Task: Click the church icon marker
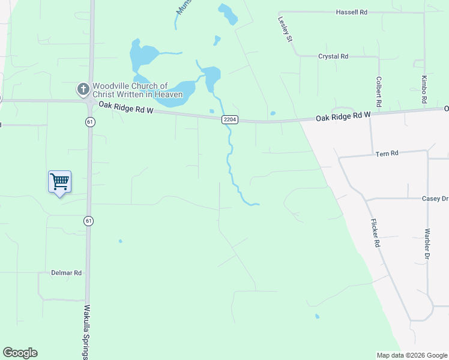pos(83,90)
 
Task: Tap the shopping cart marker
pos(59,181)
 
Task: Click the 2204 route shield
pos(230,119)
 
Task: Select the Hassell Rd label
pos(351,12)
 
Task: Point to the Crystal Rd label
pos(333,56)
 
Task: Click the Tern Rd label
pos(387,154)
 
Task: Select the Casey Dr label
pos(435,199)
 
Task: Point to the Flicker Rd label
pos(375,233)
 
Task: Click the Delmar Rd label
pos(66,272)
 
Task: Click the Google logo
pos(20,353)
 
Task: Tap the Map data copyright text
pos(411,355)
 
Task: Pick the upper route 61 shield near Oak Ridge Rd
pos(89,121)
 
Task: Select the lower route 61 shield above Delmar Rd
pos(88,221)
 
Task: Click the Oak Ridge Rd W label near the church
pos(127,109)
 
